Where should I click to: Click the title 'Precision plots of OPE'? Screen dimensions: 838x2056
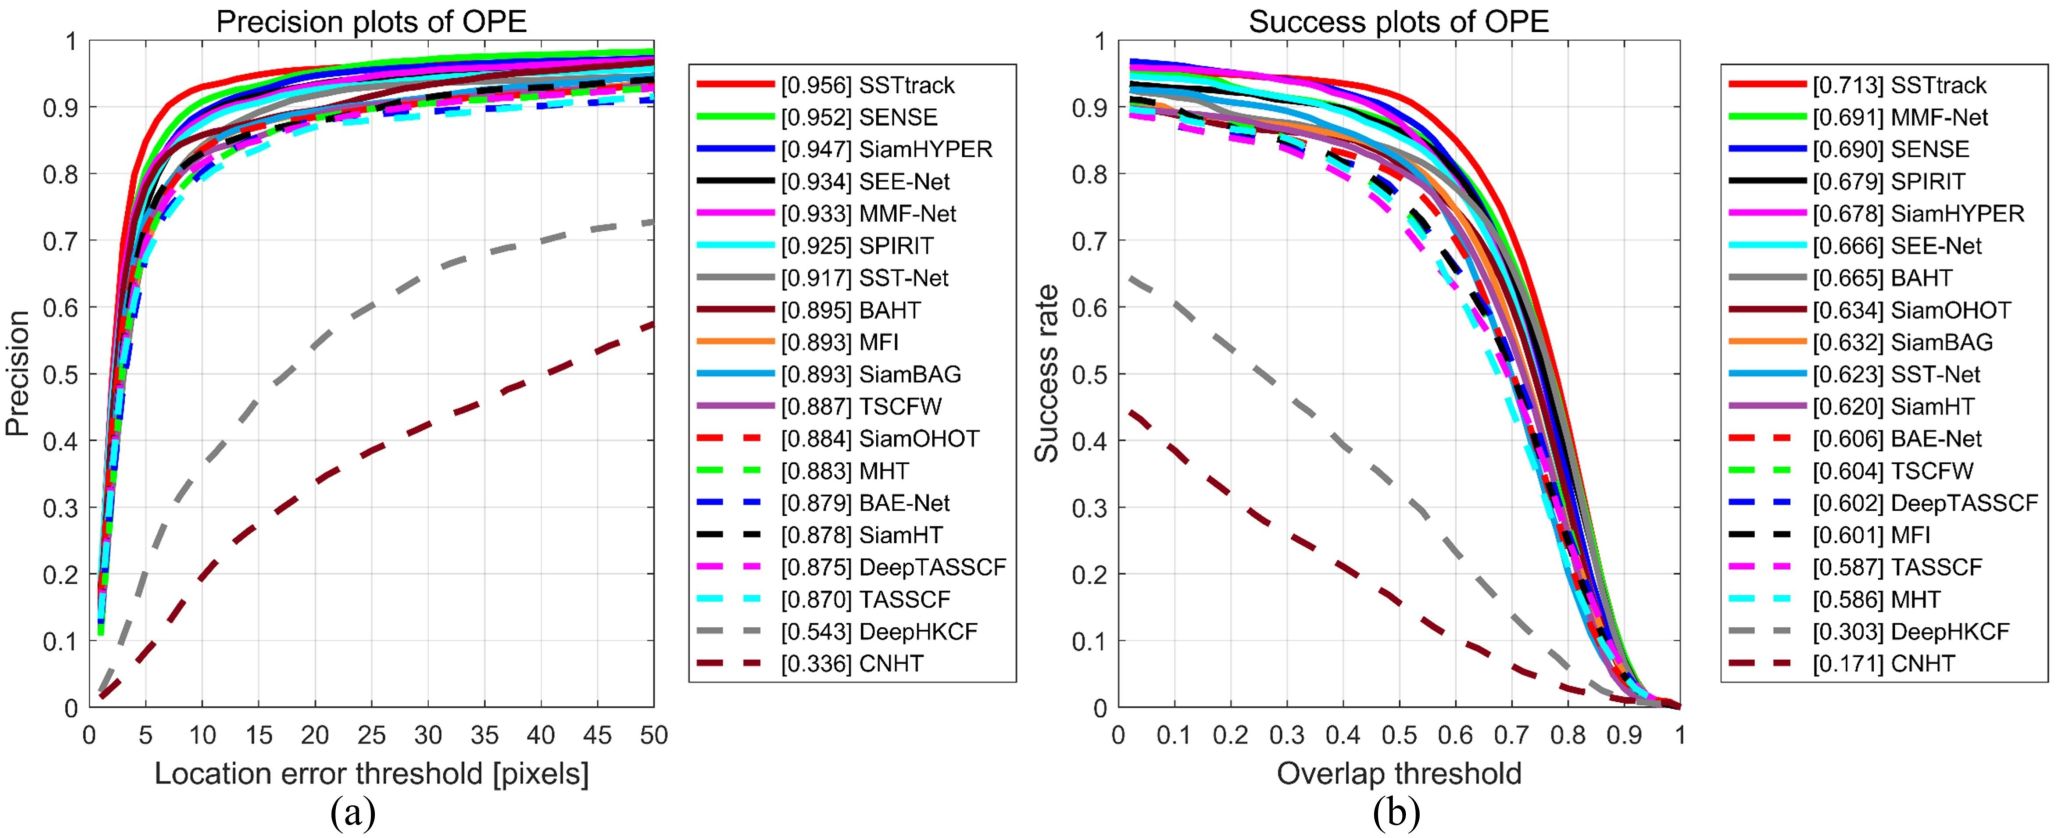371,21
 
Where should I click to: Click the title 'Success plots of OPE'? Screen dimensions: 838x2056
1398,21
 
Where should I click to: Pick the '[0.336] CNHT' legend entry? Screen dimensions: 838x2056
851,664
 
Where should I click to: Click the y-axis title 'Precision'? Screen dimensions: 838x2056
17,373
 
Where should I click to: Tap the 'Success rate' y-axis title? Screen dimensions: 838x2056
1046,373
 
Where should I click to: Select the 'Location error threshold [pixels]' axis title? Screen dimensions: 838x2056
371,773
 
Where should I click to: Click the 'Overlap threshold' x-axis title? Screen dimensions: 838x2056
1398,773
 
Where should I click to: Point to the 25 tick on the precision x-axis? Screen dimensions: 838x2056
371,735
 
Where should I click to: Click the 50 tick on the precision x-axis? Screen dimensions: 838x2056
653,735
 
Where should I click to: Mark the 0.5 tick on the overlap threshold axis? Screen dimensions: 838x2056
1399,735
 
